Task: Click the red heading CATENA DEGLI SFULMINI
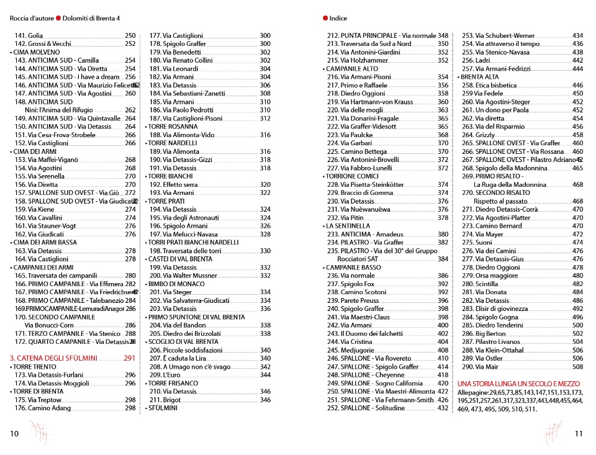coord(53,358)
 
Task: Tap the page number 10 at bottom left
coord(14,434)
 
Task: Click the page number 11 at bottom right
coord(579,434)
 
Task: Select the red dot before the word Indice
coord(325,19)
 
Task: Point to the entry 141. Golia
coord(29,36)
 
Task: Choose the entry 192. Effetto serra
coord(173,184)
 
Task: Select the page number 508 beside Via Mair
coord(577,367)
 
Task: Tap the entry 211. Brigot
coord(165,400)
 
